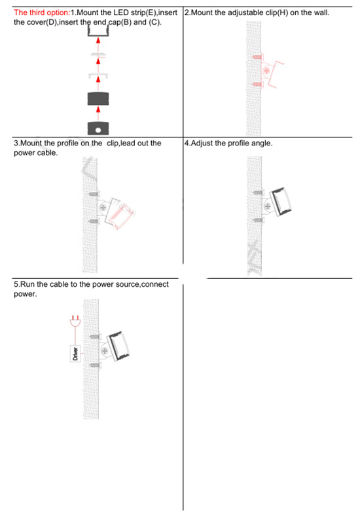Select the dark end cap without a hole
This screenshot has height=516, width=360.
[98, 100]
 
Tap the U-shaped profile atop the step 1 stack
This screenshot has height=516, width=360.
[98, 31]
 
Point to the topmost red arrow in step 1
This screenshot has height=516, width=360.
[98, 41]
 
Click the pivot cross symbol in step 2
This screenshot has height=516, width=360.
[266, 71]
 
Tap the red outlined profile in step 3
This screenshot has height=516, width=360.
[122, 213]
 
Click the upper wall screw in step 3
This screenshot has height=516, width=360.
[94, 194]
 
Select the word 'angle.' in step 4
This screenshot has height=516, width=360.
[259, 143]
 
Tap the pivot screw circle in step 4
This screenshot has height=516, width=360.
[268, 206]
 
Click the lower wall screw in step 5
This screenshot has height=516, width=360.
[94, 364]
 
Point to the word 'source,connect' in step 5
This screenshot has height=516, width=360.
[137, 284]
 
